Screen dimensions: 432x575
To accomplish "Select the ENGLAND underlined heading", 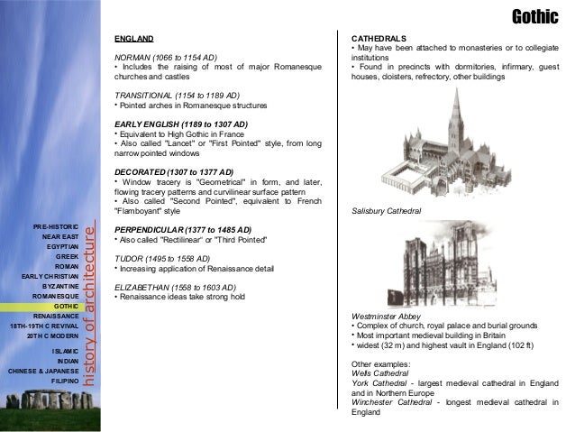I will click(x=133, y=39).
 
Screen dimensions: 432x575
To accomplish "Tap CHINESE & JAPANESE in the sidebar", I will click(x=43, y=370).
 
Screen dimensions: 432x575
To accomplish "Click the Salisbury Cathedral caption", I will click(x=386, y=210).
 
